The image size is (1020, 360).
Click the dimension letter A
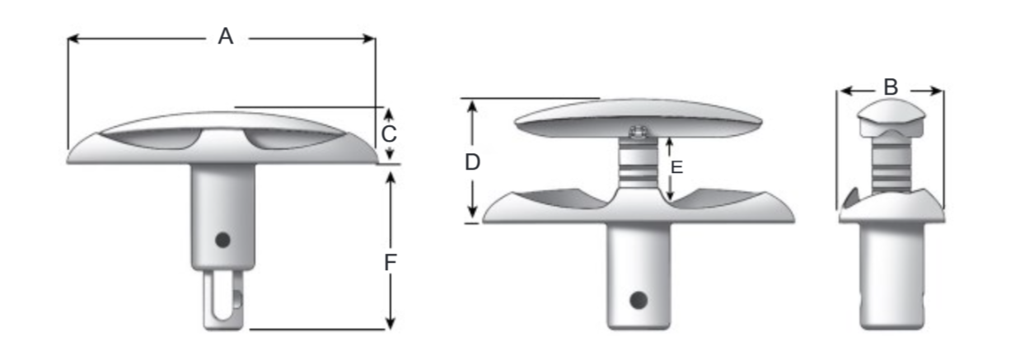pos(225,36)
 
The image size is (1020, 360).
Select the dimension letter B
pos(890,86)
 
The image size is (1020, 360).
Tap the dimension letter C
pos(390,133)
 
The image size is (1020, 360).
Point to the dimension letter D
pos(472,162)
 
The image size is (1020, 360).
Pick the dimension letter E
pos(677,167)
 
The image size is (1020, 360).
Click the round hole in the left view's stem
pos(221,240)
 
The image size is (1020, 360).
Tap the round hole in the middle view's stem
pos(638,299)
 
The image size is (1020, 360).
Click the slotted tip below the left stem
pos(221,300)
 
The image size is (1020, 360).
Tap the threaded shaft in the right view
pos(891,165)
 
